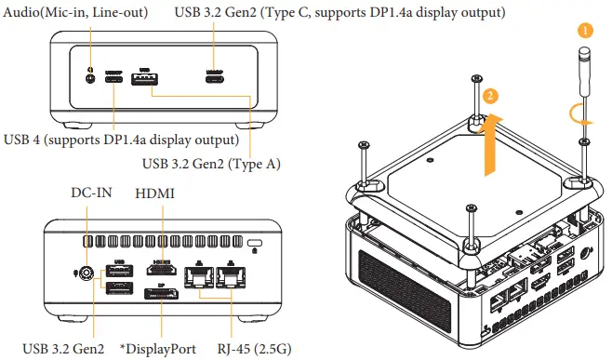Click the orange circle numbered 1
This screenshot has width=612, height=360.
click(584, 30)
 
